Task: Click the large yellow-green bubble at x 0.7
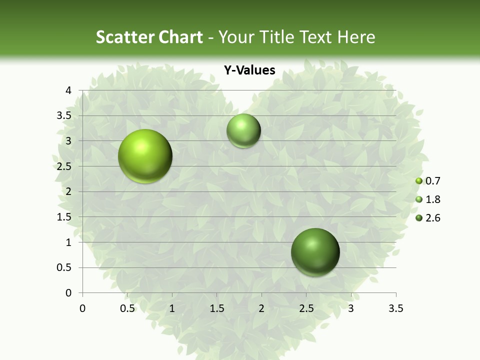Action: (x=145, y=156)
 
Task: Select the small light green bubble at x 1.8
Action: (x=243, y=130)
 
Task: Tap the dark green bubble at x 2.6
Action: (x=315, y=252)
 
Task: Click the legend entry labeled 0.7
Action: (x=428, y=181)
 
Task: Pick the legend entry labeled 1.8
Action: (x=428, y=199)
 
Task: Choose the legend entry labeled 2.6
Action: (x=428, y=218)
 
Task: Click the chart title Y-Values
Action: (x=249, y=70)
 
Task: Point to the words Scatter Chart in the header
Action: (x=149, y=37)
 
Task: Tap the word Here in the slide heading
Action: (x=356, y=37)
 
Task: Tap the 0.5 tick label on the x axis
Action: (x=127, y=308)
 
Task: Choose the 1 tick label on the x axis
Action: (x=172, y=308)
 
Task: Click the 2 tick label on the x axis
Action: (x=261, y=308)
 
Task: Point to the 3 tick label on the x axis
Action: (x=351, y=308)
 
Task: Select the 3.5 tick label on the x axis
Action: (x=395, y=308)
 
